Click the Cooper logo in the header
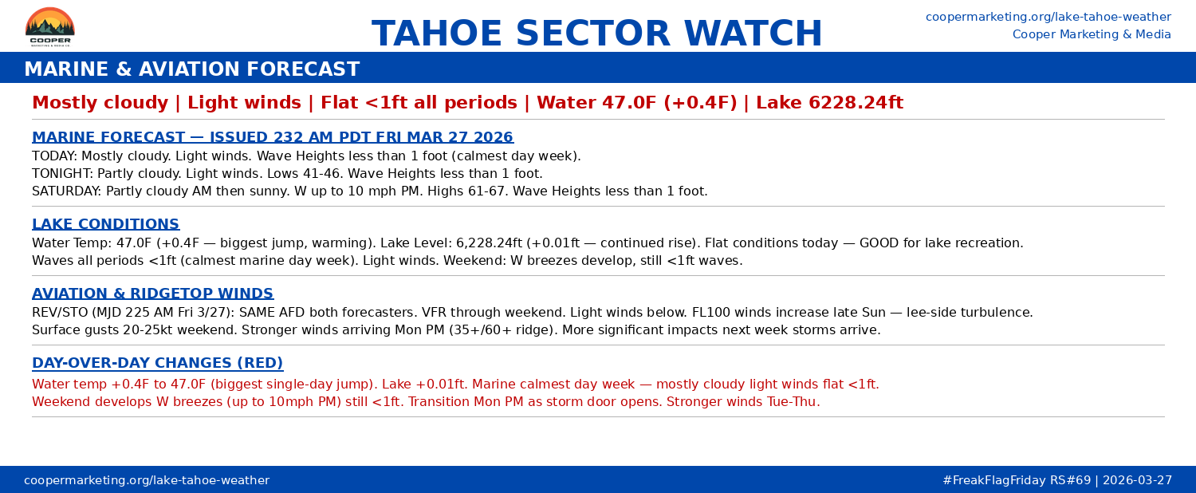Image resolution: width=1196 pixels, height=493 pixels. [x=49, y=26]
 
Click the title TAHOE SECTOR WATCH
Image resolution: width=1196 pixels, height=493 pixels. [x=597, y=34]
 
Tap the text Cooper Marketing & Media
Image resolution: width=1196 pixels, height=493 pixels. [x=1092, y=34]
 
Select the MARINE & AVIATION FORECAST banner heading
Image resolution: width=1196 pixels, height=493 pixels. [x=191, y=69]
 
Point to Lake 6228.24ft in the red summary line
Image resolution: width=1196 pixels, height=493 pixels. [x=829, y=103]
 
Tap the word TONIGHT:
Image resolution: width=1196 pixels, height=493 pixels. [x=62, y=174]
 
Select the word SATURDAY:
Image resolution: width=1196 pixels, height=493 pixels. [x=66, y=191]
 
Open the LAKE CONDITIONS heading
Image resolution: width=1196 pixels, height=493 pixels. [x=105, y=224]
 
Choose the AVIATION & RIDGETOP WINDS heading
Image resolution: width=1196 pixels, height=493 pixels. [x=152, y=294]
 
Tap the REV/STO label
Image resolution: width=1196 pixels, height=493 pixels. [x=61, y=313]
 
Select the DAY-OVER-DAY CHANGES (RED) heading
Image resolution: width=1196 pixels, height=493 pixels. [x=157, y=363]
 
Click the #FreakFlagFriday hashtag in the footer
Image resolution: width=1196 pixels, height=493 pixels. [x=993, y=480]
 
